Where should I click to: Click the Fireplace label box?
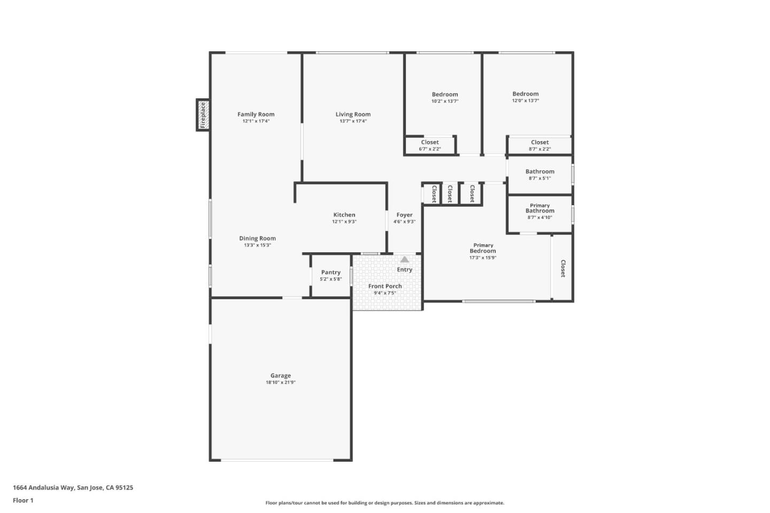tap(203, 115)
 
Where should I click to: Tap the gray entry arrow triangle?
tap(405, 259)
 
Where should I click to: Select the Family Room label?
tap(256, 114)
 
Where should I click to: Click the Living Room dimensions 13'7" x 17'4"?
tap(353, 121)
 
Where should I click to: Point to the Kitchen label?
tap(344, 215)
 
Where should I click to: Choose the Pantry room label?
tap(330, 273)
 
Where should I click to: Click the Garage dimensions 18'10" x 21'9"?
tap(280, 383)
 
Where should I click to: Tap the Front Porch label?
tap(384, 286)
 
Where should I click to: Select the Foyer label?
tap(404, 215)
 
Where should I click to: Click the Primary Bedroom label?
tap(483, 248)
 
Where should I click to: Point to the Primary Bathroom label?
tap(540, 208)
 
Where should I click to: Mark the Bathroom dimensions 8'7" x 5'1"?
tap(540, 178)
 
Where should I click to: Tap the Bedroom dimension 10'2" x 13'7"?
tap(445, 101)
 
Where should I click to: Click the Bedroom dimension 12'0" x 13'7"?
tap(525, 100)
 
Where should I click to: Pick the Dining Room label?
tap(257, 238)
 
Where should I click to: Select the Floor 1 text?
tap(23, 501)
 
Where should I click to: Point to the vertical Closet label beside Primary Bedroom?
tap(563, 268)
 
